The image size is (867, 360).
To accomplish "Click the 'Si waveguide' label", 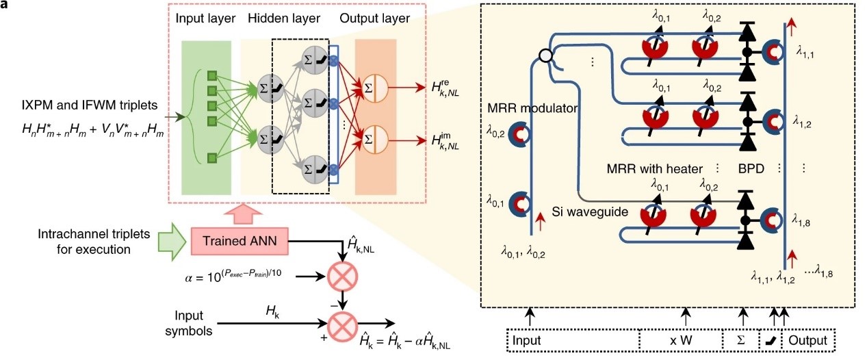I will pos(589,212).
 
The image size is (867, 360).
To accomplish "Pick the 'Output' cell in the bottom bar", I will pos(808,340).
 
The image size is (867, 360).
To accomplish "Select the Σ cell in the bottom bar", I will pos(742,340).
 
